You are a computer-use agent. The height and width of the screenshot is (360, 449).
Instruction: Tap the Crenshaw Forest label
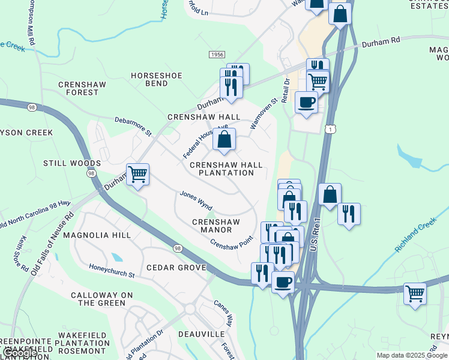[79, 89]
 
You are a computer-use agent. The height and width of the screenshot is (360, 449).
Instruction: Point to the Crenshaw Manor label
[215, 226]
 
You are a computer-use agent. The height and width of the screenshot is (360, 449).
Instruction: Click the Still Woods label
[72, 163]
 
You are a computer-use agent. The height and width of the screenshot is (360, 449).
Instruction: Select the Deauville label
[201, 334]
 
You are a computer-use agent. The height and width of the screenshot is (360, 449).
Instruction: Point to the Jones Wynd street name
[196, 200]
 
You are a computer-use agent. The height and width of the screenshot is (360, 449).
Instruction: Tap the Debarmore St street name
[134, 126]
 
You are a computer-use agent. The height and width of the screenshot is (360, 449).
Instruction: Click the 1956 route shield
[217, 55]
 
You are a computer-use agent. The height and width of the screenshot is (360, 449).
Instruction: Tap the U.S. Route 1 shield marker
[330, 130]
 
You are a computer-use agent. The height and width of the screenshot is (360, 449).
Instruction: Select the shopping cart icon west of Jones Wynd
[138, 175]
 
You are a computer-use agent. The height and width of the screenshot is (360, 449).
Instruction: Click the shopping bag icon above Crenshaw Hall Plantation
[224, 139]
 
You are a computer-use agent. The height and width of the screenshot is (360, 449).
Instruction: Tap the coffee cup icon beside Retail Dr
[306, 102]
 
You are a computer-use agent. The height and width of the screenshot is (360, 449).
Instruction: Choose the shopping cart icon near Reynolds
[415, 293]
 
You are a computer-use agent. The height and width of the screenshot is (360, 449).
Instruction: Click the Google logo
[19, 353]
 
